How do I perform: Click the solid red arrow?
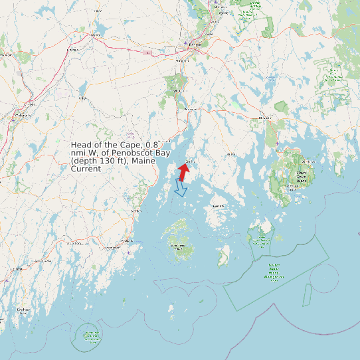(184, 171)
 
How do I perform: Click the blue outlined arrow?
(179, 188)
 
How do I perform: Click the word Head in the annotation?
(82, 145)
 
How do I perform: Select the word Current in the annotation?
(86, 169)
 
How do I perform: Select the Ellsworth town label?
(265, 118)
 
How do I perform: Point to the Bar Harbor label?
(308, 161)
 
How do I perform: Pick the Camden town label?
(137, 211)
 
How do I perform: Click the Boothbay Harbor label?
(24, 310)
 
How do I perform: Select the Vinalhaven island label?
(178, 246)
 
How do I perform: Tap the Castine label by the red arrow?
(191, 161)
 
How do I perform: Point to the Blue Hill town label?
(231, 153)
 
